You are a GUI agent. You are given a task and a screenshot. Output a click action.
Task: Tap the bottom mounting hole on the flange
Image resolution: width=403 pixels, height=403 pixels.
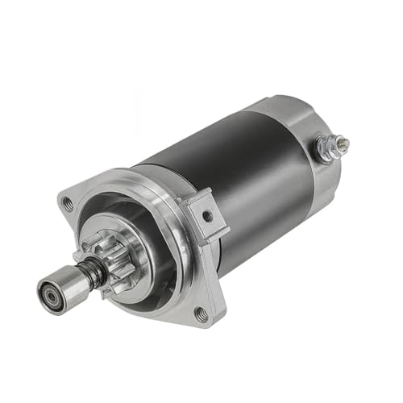[x=201, y=313]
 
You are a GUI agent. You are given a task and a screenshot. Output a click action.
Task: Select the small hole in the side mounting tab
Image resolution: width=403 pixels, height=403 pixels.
[x=208, y=216]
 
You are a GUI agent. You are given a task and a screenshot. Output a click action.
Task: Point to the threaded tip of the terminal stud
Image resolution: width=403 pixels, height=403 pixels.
[x=345, y=143]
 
